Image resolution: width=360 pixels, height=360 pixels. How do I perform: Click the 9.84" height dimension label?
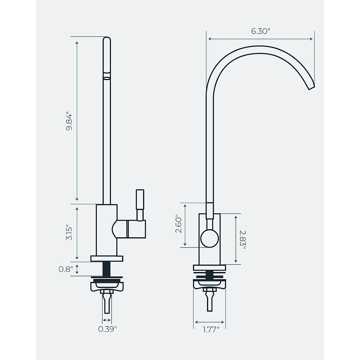[x=69, y=121]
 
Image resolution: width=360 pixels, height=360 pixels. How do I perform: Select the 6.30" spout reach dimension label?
[x=261, y=31]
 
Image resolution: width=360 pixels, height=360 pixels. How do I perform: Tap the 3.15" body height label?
[x=69, y=233]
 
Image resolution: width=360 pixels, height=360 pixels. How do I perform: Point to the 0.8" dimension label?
[x=66, y=269]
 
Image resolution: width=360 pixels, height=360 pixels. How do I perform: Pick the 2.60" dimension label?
[x=179, y=223]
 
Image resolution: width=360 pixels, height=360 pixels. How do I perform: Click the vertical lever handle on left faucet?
[x=140, y=204]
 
